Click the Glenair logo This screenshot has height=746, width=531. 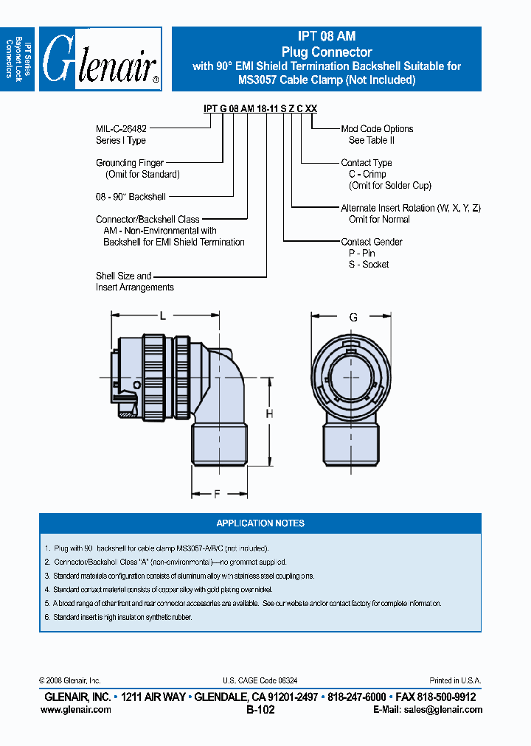tap(100, 59)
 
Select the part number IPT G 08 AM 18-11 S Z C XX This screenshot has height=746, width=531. tap(260, 108)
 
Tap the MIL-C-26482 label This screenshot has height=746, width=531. tap(125, 128)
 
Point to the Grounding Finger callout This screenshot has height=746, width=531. tap(130, 163)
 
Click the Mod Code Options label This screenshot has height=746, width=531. tap(377, 128)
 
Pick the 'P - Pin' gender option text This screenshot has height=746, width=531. tap(362, 253)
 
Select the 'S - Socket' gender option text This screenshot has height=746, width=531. tap(369, 264)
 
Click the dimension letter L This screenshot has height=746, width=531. tap(163, 316)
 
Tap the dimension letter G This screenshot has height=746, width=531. tap(354, 318)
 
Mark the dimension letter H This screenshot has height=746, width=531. tap(270, 414)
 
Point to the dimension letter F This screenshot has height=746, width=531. tap(217, 495)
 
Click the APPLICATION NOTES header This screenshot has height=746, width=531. tap(260, 523)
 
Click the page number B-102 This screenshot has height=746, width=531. tap(260, 710)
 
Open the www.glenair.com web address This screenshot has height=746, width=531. tap(76, 709)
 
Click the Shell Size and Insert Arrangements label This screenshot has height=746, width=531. tap(135, 281)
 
